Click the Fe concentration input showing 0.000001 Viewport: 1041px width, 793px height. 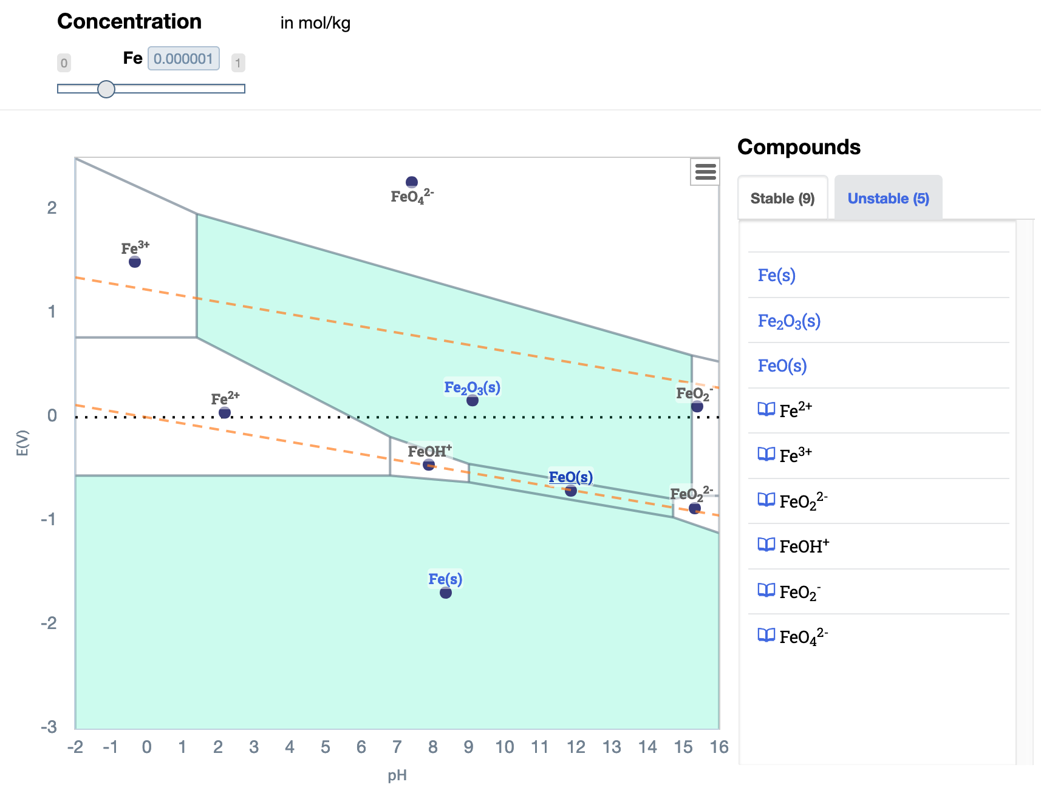coord(183,59)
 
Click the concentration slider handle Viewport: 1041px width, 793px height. coord(106,89)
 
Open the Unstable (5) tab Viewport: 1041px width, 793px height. coord(888,199)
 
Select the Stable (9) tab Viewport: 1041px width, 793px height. coord(782,199)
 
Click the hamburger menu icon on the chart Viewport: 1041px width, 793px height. coord(705,172)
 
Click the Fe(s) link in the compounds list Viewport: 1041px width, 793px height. coord(776,275)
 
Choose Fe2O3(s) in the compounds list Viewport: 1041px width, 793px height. coord(788,321)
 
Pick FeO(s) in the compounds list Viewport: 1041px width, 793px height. coord(782,366)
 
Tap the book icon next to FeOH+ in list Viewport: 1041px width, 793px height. coord(766,545)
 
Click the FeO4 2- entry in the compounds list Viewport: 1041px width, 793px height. coord(803,636)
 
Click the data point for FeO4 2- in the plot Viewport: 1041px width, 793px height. coord(412,182)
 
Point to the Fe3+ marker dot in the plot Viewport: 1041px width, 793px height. coord(135,262)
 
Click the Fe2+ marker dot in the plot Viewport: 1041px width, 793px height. coord(225,413)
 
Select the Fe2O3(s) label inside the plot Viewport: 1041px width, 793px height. coord(472,387)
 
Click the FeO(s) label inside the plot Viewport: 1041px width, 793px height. coord(570,477)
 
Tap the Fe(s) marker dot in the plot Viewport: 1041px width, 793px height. coord(446,593)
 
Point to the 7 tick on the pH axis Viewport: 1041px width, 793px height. coord(397,747)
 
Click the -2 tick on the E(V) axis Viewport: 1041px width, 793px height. coord(49,623)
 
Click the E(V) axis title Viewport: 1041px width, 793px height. coord(22,443)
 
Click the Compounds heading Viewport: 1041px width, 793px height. coord(798,147)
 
